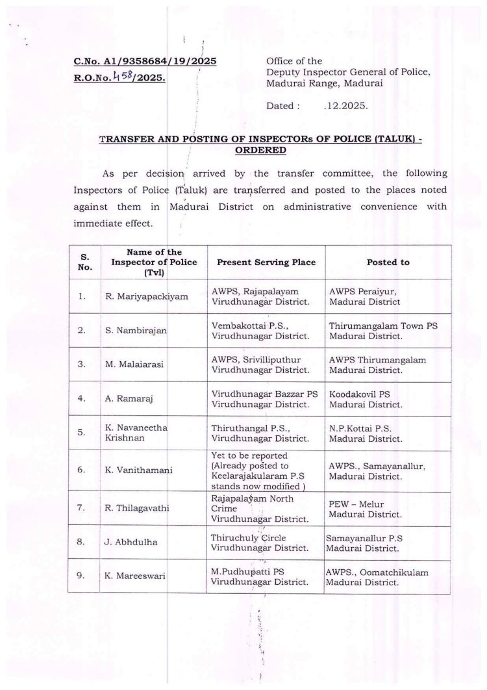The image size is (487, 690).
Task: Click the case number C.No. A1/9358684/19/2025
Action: coord(144,62)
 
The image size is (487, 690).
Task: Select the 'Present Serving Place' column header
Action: coord(266,262)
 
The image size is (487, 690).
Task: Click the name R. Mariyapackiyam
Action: coord(147,297)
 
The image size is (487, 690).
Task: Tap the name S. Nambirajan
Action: coord(136,331)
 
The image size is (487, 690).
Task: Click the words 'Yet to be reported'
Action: coord(250,455)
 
